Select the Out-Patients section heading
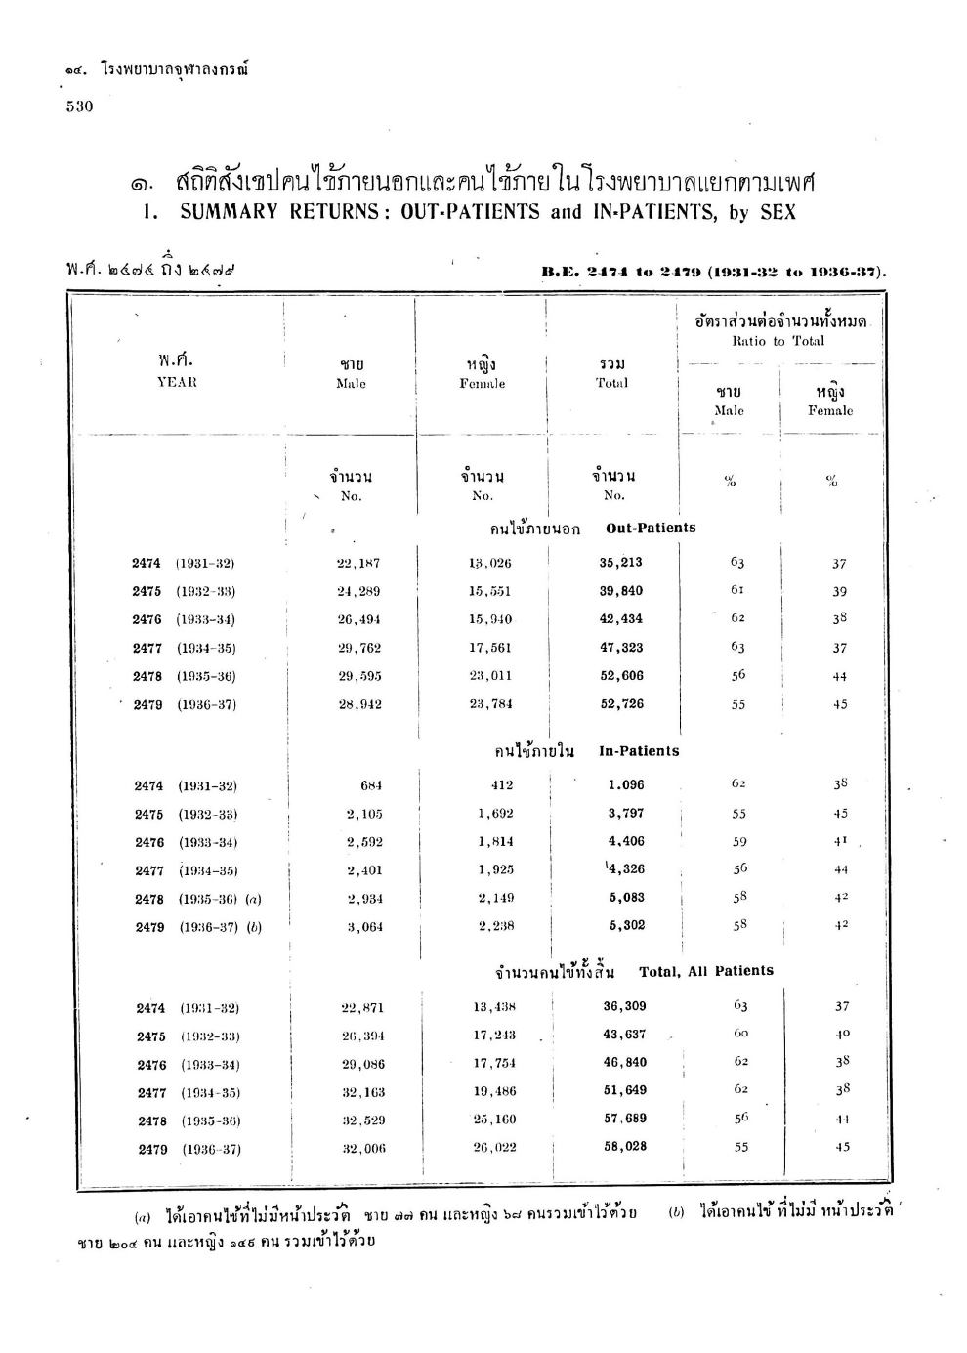tap(651, 528)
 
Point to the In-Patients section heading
tap(639, 751)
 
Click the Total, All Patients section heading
tap(705, 971)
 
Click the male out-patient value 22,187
tap(357, 563)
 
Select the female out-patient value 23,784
tap(490, 703)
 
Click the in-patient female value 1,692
tap(495, 813)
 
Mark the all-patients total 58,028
tap(625, 1147)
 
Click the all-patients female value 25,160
tap(494, 1120)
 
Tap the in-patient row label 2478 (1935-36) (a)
tap(198, 899)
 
